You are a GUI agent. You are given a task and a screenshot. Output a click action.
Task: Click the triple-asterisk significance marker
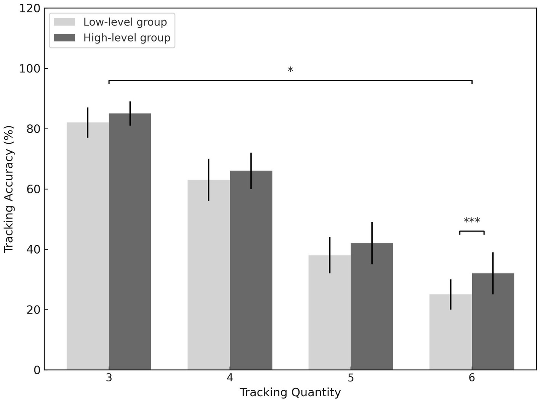[472, 221]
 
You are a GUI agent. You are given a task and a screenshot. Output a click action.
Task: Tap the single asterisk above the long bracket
[290, 70]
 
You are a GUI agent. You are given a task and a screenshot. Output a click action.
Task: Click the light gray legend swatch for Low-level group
[64, 22]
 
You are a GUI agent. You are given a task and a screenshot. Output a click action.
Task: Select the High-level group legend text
[127, 38]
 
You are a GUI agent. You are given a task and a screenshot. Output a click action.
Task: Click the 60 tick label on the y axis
[33, 189]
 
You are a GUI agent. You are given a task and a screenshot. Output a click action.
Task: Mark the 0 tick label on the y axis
[37, 370]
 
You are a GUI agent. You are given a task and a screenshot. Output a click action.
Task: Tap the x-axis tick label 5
[351, 378]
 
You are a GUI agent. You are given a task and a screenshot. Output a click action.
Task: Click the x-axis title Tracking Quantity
[290, 392]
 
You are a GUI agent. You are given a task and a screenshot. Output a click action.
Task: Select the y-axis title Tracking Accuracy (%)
[9, 189]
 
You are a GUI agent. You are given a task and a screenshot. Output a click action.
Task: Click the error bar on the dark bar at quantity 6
[493, 273]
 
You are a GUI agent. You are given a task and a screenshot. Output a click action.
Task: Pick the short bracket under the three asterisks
[472, 231]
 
